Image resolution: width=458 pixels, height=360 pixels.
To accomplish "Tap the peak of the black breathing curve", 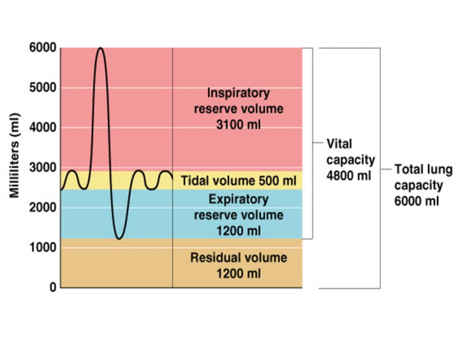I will pos(99,48).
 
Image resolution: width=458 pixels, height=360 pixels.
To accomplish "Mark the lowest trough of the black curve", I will pos(118,238).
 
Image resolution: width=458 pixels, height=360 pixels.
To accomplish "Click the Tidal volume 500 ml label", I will pos(238,180).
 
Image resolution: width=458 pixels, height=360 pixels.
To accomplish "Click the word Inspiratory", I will pos(238,93).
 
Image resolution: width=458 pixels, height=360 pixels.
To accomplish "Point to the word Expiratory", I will pos(238,199).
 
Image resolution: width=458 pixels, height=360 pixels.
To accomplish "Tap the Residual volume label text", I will pos(238,258).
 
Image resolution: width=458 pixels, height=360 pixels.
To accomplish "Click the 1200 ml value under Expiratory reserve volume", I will pos(238,230).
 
